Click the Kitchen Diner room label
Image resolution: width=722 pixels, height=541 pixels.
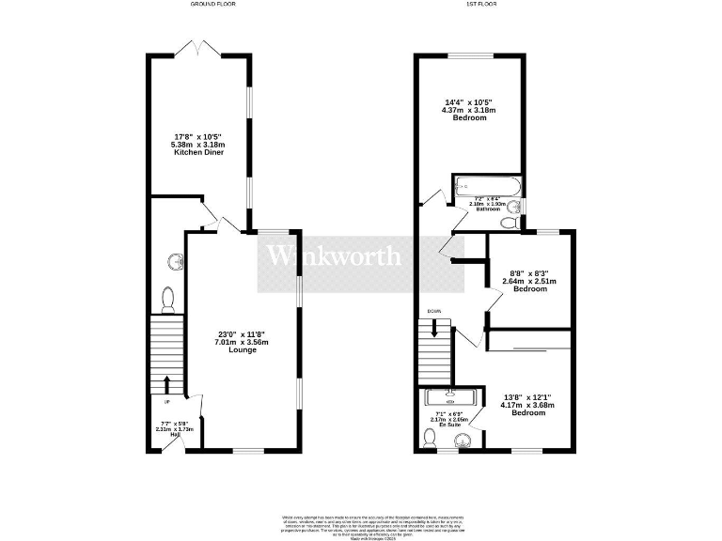[197, 153]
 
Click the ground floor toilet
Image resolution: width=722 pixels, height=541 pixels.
[169, 299]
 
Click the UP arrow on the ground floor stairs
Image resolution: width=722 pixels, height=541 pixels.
[167, 383]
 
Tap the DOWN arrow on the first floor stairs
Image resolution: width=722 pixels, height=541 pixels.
[434, 329]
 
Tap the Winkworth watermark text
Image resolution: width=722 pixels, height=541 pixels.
[335, 255]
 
